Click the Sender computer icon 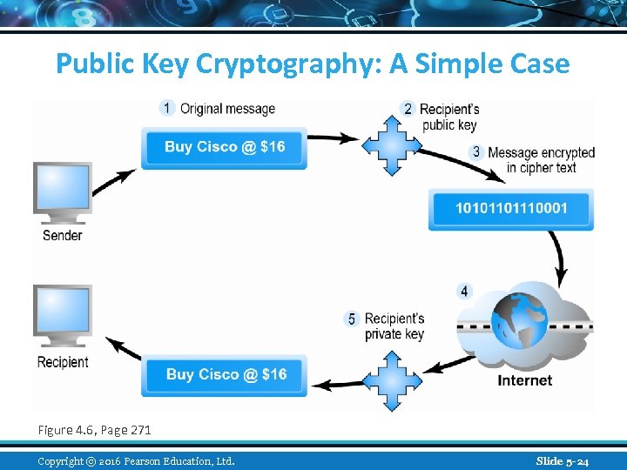point(62,193)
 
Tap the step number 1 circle point(167,108)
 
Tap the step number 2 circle point(408,109)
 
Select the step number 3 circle point(475,152)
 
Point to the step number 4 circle point(465,291)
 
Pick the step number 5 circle point(352,319)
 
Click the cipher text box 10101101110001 point(510,209)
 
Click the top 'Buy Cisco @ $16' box point(225,147)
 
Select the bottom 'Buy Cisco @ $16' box point(225,375)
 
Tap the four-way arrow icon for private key point(391,381)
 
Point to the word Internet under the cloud point(524,380)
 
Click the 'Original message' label point(227,109)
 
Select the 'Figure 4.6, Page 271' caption point(94,430)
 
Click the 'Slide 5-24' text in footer point(563,461)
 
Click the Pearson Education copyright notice point(136,461)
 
